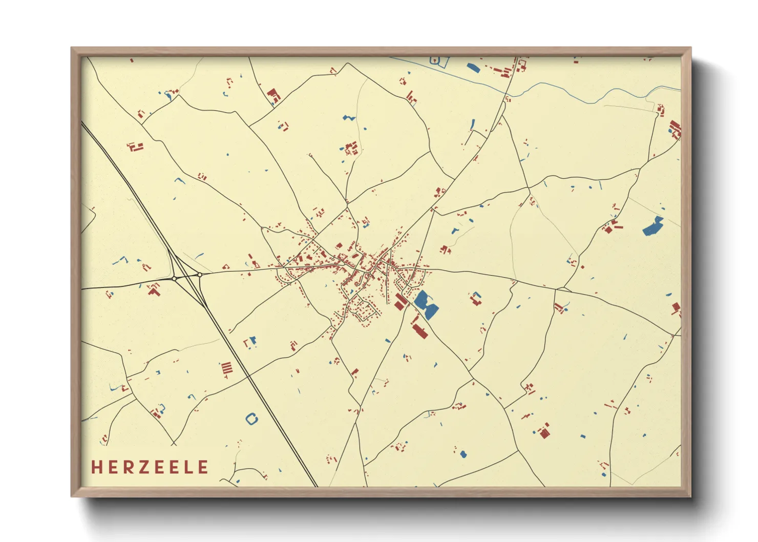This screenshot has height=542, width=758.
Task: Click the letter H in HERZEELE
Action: [x=96, y=467]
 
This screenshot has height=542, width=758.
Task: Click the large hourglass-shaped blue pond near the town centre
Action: [x=425, y=304]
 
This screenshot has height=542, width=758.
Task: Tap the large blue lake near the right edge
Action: [x=653, y=226]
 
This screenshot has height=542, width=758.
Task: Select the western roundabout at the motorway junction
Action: [x=175, y=278]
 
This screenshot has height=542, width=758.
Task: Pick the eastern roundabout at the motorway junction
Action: [x=199, y=275]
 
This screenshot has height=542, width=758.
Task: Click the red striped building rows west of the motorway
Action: [x=226, y=368]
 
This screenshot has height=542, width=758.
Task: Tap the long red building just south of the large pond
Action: [x=419, y=328]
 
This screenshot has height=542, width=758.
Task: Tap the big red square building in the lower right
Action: [x=544, y=433]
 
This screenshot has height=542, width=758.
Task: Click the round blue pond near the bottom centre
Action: [x=464, y=454]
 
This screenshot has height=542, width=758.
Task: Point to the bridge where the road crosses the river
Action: [x=508, y=94]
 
